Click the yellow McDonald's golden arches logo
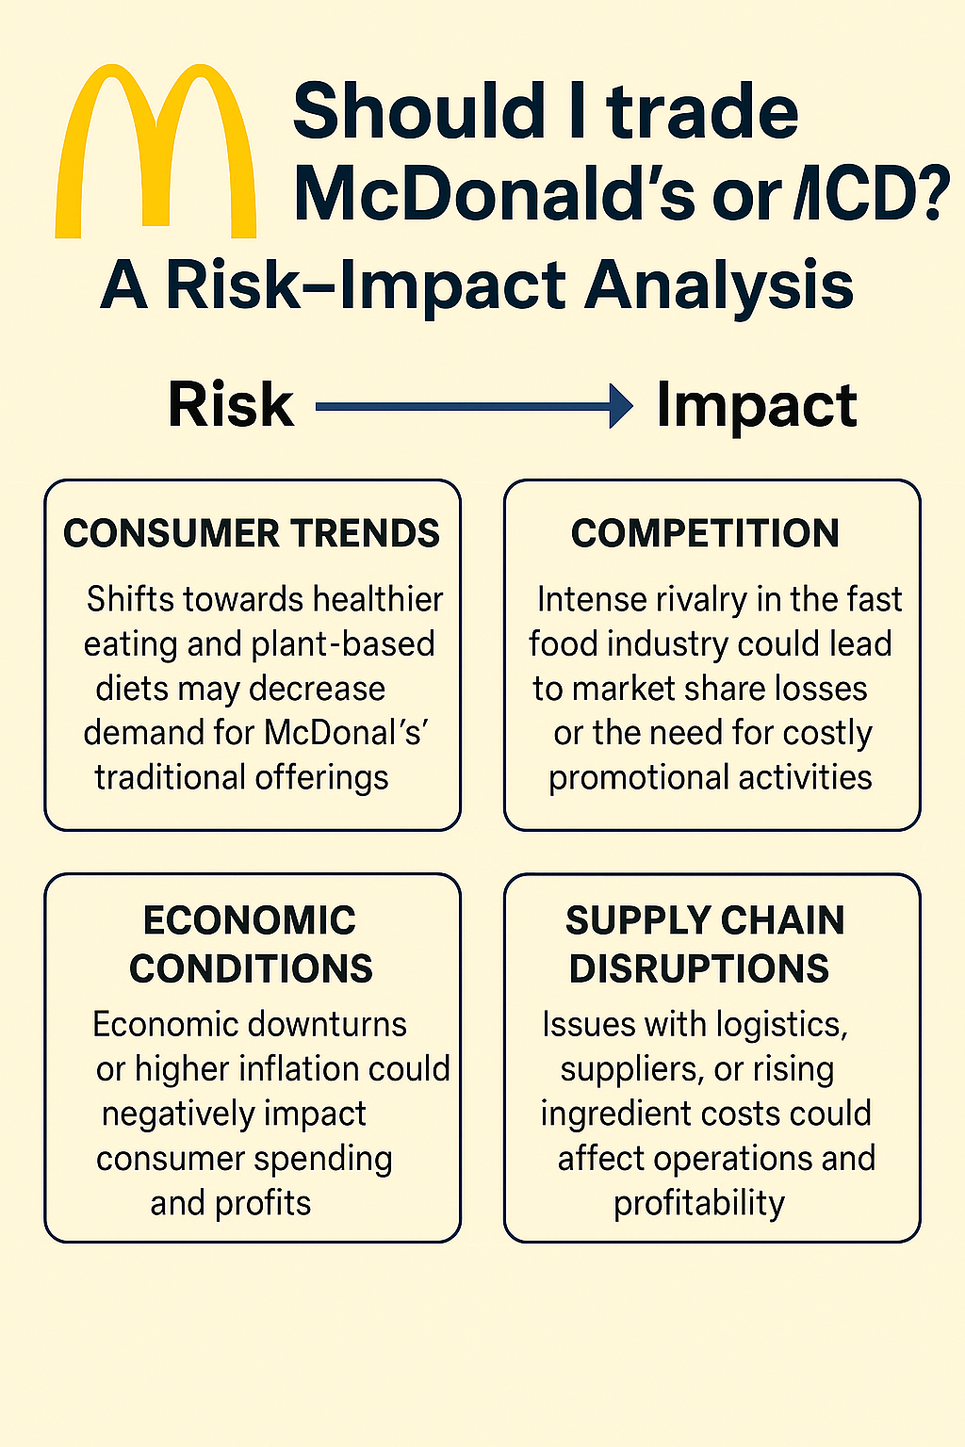[x=155, y=151]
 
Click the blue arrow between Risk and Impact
[x=474, y=407]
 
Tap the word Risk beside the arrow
[x=231, y=405]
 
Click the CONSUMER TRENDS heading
[x=252, y=533]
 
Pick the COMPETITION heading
[x=705, y=533]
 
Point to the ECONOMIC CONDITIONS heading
[x=251, y=945]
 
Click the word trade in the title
[x=702, y=111]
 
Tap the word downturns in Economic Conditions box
[x=329, y=1024]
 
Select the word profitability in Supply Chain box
[x=699, y=1204]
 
